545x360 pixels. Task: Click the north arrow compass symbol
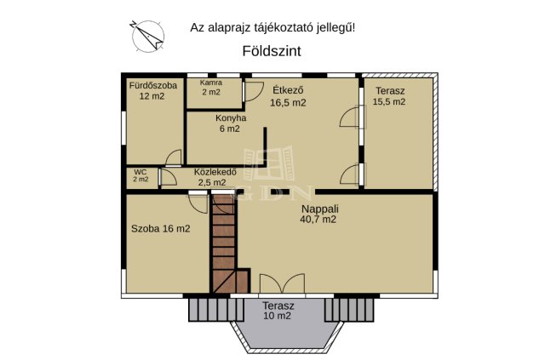(x=147, y=33)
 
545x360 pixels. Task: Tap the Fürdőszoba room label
(x=152, y=91)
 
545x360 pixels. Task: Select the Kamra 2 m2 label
(x=210, y=87)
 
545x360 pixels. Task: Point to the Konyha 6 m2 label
(x=230, y=123)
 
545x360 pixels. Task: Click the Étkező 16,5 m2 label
(x=288, y=95)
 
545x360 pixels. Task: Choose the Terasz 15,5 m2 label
(x=388, y=95)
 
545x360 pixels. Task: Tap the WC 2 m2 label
(x=141, y=175)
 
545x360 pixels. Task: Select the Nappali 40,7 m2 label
(x=318, y=213)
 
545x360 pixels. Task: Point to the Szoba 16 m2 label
(x=160, y=228)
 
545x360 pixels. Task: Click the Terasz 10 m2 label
(x=278, y=311)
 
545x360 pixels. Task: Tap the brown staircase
(x=226, y=243)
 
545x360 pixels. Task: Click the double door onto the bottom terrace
(x=281, y=285)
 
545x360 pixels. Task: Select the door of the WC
(x=173, y=158)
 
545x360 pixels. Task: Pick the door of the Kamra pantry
(x=251, y=92)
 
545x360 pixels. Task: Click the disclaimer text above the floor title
(x=272, y=27)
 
